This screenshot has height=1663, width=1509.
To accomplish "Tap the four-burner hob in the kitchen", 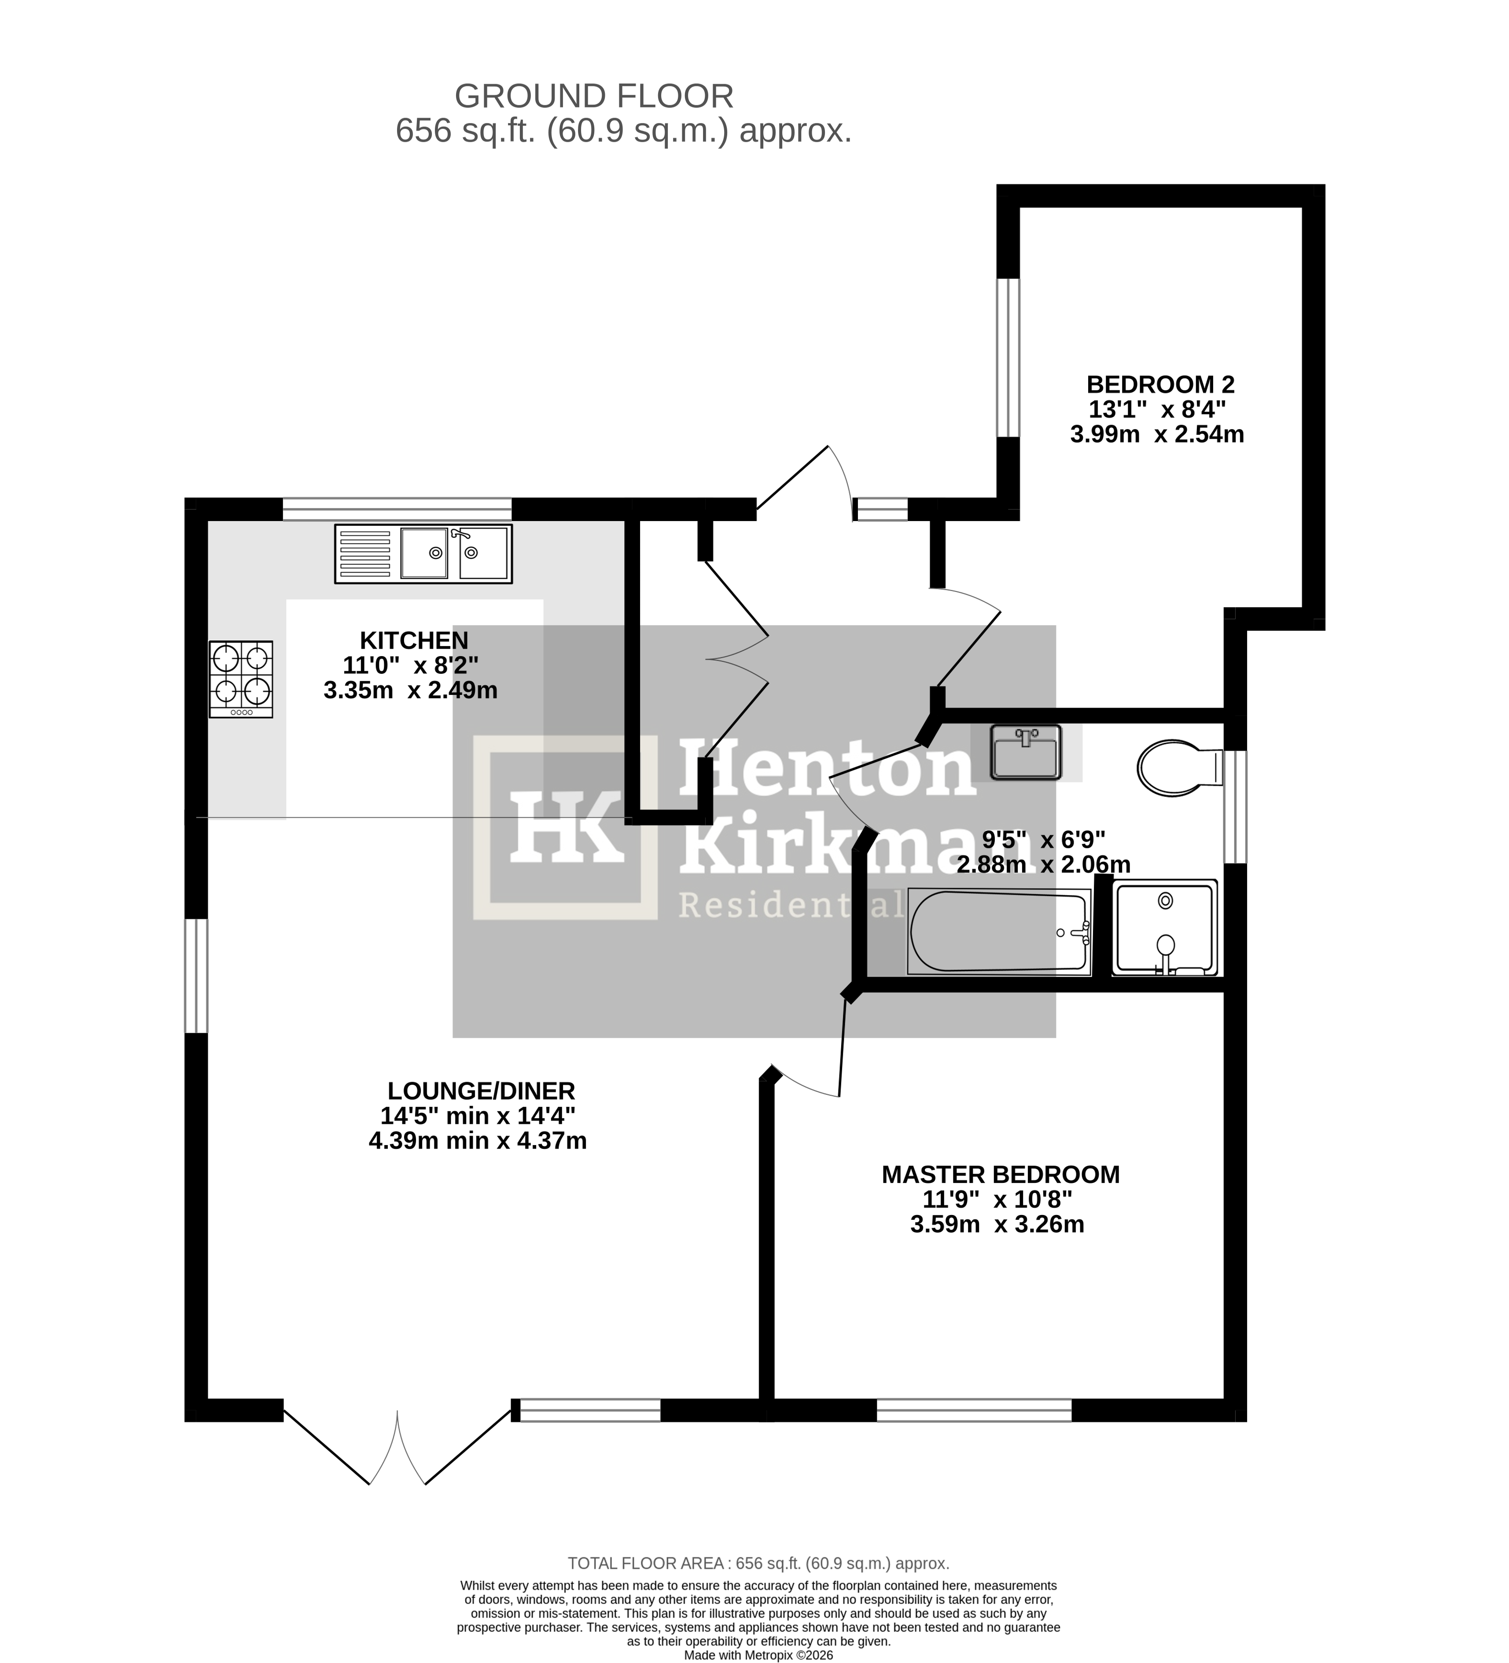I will (241, 679).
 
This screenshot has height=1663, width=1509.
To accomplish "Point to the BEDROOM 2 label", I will (1160, 385).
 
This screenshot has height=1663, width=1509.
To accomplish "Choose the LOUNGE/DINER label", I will (481, 1090).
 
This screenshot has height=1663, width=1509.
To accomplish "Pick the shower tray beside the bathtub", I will (1164, 928).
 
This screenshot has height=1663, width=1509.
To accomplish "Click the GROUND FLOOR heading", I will (593, 96).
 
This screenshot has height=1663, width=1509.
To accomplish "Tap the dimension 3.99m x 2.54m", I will (1157, 434).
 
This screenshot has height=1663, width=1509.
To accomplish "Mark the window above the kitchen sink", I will (397, 509).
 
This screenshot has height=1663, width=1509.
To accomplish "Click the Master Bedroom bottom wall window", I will (974, 1410).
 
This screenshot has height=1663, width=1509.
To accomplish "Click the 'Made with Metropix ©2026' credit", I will (758, 1655).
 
